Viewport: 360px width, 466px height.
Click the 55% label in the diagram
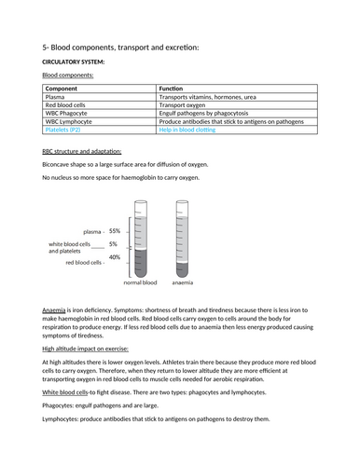point(115,231)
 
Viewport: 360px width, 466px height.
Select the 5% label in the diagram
point(114,244)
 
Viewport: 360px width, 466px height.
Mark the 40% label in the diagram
point(115,257)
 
